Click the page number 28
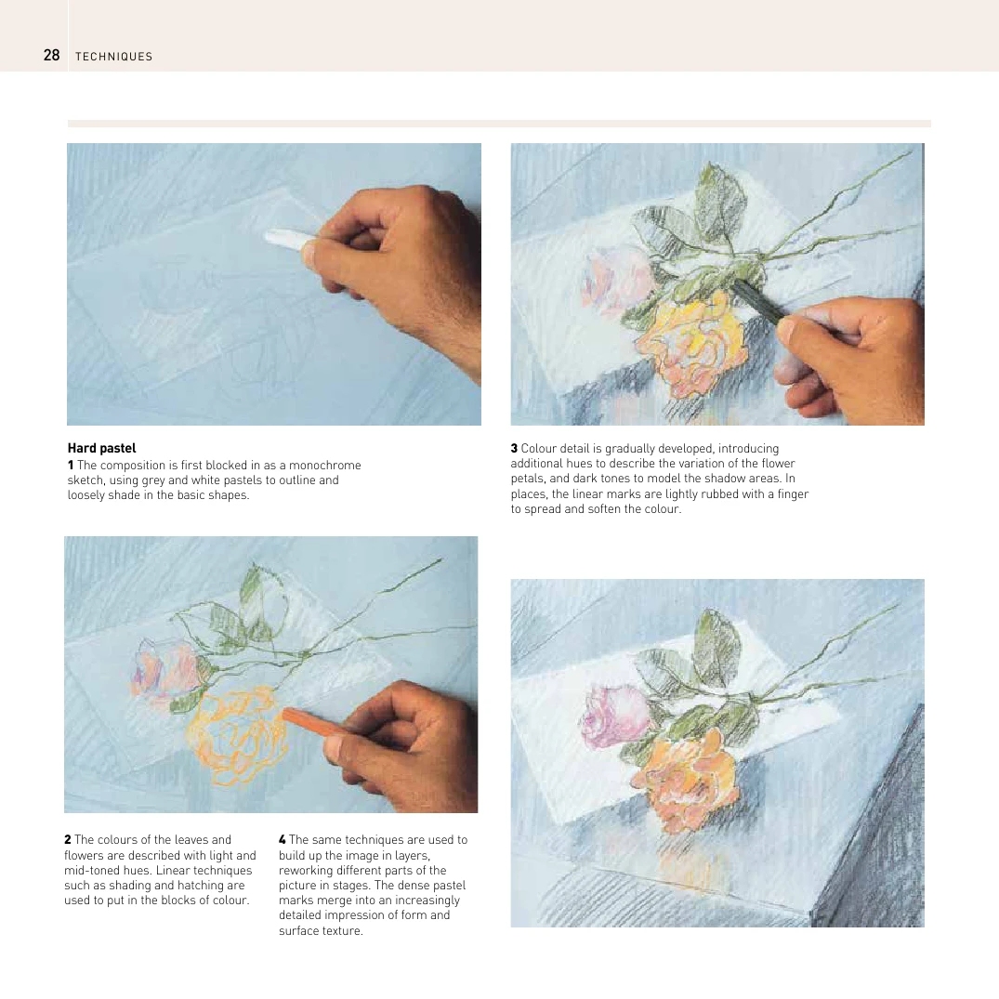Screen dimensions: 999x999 point(51,56)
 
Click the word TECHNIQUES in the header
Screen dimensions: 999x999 point(114,57)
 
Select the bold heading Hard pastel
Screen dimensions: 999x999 point(101,448)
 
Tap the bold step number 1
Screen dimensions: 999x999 point(71,465)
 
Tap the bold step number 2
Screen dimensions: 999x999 point(68,840)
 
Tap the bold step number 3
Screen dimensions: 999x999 point(514,449)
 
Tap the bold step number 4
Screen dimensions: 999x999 point(283,840)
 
